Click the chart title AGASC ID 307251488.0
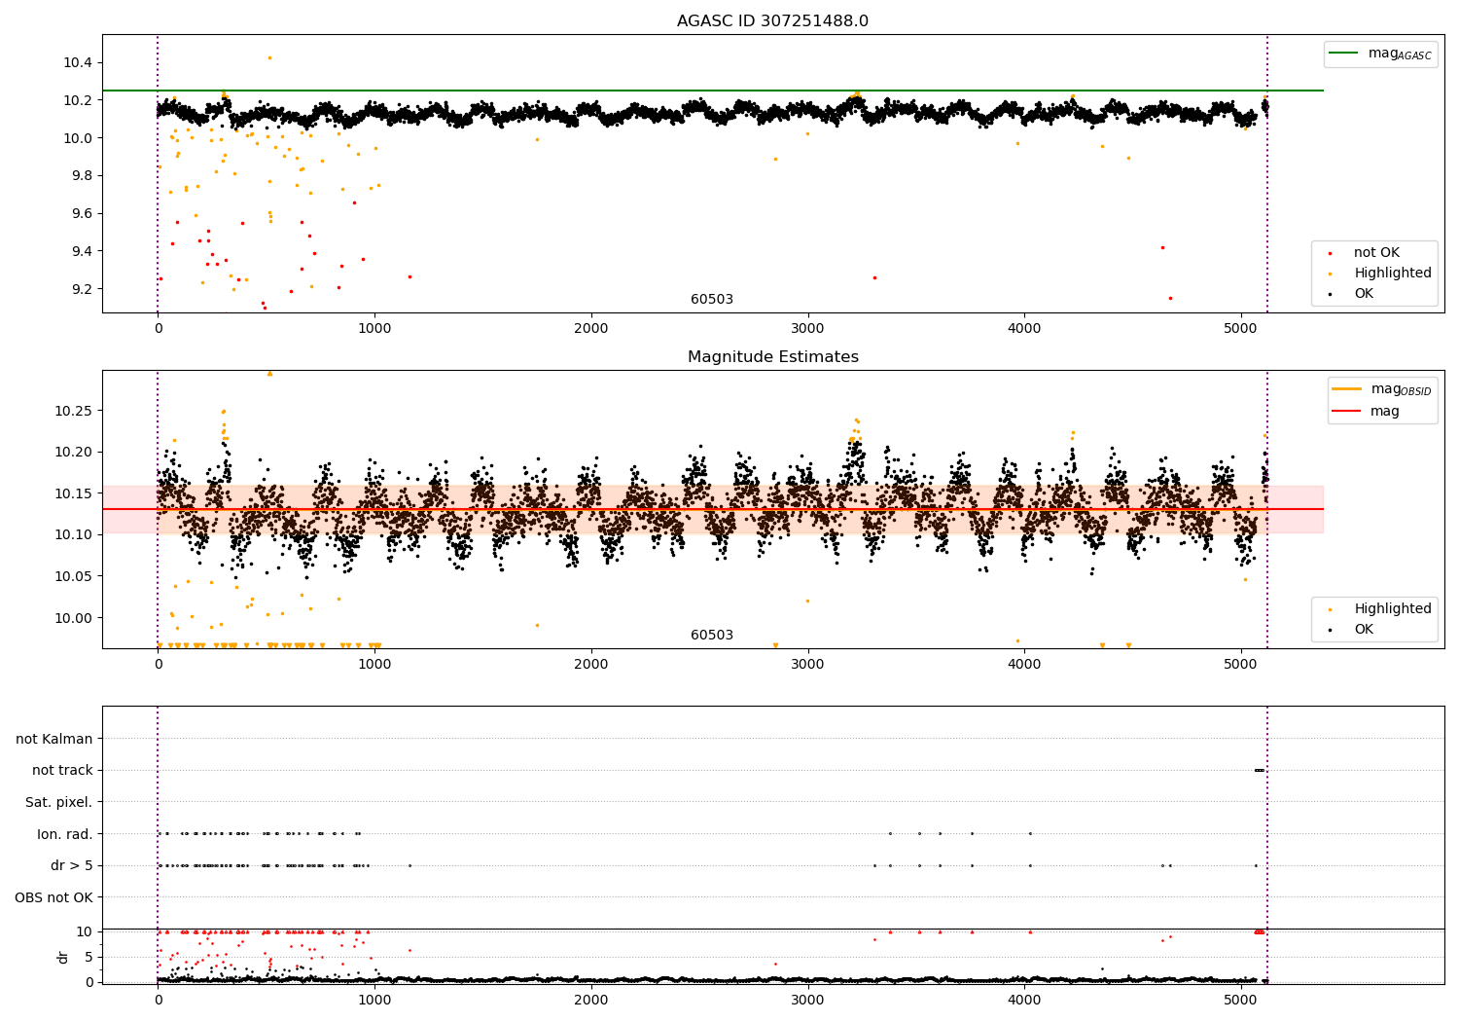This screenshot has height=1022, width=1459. tap(772, 21)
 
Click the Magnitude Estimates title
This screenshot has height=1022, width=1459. tap(772, 357)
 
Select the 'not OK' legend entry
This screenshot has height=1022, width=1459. tap(1375, 253)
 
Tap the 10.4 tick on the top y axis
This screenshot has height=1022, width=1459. tap(78, 62)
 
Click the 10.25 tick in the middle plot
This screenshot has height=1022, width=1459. tap(74, 411)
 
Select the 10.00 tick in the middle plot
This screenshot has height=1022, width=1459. tap(74, 618)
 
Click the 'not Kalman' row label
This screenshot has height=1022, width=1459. tap(54, 739)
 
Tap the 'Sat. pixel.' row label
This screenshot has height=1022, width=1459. tap(58, 802)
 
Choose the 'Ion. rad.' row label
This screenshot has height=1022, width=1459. tap(64, 834)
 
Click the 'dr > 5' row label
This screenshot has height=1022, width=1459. tap(71, 865)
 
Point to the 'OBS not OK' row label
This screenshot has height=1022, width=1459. tap(53, 897)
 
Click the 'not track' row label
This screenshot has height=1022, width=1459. tap(62, 770)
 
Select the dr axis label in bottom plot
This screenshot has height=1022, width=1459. tap(63, 957)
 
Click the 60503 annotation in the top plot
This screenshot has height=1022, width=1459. tap(712, 300)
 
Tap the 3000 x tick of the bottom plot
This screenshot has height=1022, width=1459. tap(807, 1001)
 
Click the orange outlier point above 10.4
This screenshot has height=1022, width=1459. tap(269, 57)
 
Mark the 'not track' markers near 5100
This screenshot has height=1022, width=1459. tap(1259, 770)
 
